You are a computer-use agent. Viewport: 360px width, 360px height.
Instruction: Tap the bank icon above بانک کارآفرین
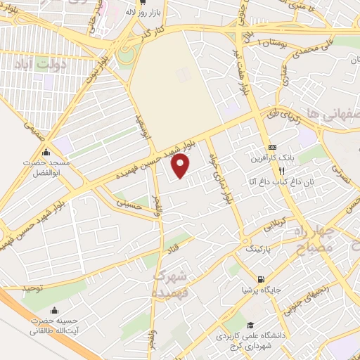tap(273, 147)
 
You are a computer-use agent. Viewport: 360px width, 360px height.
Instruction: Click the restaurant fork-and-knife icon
tap(281, 170)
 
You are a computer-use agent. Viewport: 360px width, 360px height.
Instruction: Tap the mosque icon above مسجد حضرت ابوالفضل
tap(46, 153)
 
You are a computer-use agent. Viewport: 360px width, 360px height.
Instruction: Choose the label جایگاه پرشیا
tap(255, 288)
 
